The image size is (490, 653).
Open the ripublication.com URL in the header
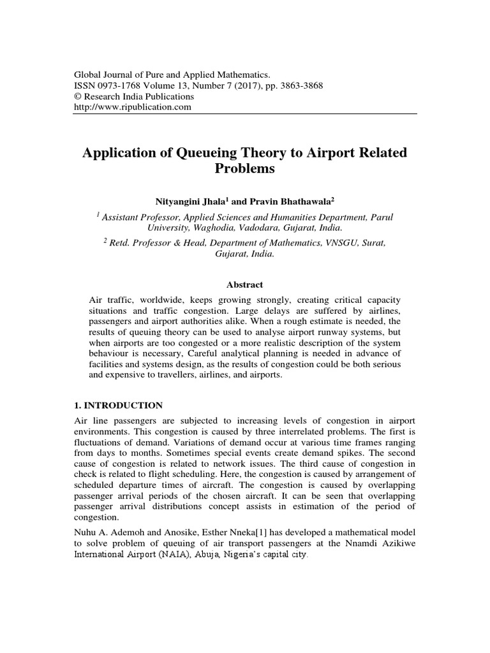[133, 107]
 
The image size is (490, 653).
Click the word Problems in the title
[244, 169]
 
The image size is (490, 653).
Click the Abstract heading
[244, 284]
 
